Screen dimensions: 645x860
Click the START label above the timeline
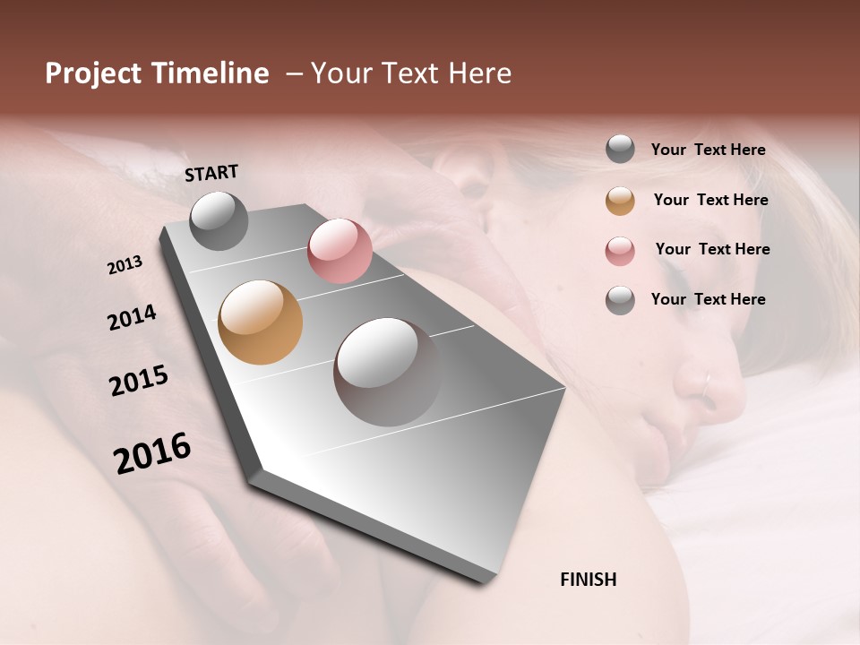tap(211, 173)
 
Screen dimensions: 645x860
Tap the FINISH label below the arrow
tap(588, 580)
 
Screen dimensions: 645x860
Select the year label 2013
tap(125, 265)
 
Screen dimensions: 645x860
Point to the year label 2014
tap(132, 317)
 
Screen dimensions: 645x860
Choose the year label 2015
tap(139, 381)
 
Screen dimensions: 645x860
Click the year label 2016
tap(152, 453)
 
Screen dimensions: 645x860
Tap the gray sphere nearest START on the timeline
tap(219, 220)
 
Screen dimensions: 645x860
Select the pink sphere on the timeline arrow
tap(340, 251)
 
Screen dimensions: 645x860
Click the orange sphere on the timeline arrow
tap(260, 322)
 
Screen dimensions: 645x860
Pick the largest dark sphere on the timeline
tap(387, 372)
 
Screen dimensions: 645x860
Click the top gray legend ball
tap(620, 150)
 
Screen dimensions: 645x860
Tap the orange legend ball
tap(620, 201)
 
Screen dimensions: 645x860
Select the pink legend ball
tap(620, 251)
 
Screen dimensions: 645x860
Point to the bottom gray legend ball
tap(620, 300)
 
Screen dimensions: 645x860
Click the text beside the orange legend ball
tap(710, 200)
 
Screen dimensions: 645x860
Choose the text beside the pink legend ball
tap(712, 249)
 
